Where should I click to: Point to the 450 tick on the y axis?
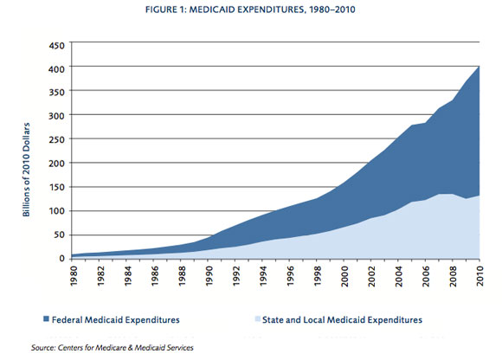(56, 46)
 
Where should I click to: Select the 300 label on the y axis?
(56, 115)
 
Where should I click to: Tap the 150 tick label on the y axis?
(56, 187)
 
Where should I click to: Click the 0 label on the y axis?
(61, 259)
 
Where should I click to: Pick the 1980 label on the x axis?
(74, 276)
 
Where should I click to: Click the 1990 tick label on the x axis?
(209, 276)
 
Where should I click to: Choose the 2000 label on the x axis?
(344, 276)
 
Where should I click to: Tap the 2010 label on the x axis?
(479, 276)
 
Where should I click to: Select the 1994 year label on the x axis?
(263, 276)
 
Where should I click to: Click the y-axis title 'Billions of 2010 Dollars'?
(26, 170)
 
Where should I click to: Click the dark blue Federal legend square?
(46, 319)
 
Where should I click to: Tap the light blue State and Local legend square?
(258, 319)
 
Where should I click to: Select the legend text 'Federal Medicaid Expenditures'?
(116, 319)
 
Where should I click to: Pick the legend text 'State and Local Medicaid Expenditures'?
(342, 319)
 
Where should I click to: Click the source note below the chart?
(112, 348)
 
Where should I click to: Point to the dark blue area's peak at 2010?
(479, 67)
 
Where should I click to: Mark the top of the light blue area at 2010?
(479, 196)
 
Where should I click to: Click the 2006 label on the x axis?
(426, 276)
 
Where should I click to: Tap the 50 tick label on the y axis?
(59, 235)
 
